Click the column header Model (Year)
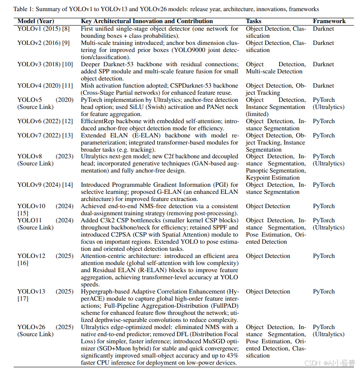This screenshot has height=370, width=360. pos(36,21)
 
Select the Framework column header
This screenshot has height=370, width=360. pos(329,21)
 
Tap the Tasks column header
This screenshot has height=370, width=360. pos(253,21)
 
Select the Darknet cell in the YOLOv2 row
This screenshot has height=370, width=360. pos(323,43)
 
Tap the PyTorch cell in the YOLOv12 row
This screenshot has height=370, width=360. pos(324,256)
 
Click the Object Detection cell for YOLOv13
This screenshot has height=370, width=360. pos(268,292)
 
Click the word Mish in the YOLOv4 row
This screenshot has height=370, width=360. pos(88,86)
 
